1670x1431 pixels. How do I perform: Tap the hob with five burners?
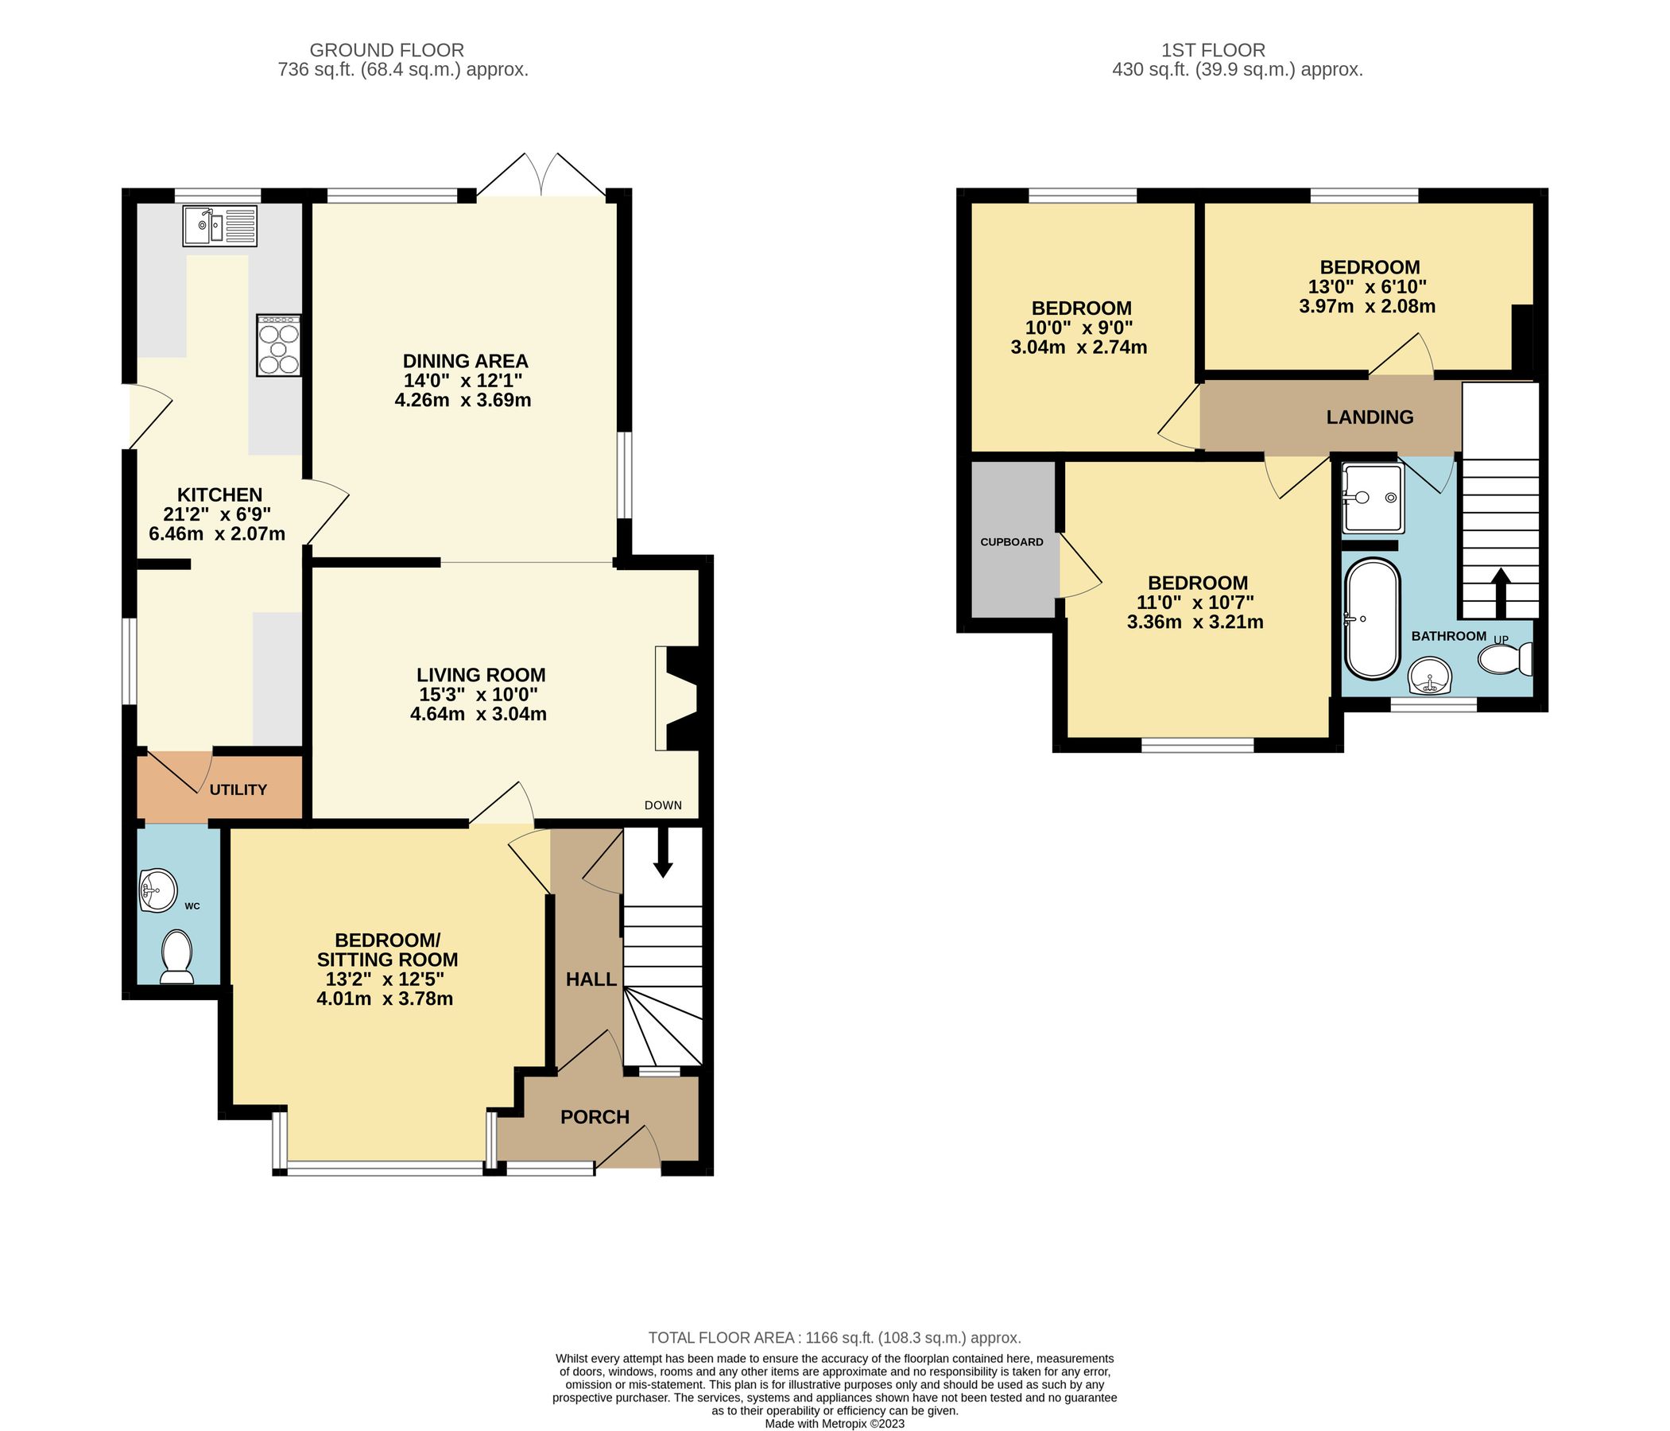click(279, 345)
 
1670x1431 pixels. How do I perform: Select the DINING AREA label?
click(465, 360)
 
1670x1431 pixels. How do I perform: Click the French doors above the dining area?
click(541, 176)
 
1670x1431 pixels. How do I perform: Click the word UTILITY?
click(238, 790)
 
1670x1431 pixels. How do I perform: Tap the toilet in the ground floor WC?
click(176, 957)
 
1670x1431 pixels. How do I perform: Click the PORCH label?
click(595, 1117)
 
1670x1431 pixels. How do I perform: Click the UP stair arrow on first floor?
click(1500, 593)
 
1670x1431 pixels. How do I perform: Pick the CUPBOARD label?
click(1012, 541)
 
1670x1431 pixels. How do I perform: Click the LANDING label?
click(1370, 417)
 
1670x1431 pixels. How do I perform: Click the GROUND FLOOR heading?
click(387, 50)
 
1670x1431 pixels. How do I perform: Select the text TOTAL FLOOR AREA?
click(723, 1337)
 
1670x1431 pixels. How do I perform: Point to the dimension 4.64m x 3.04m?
click(478, 713)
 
